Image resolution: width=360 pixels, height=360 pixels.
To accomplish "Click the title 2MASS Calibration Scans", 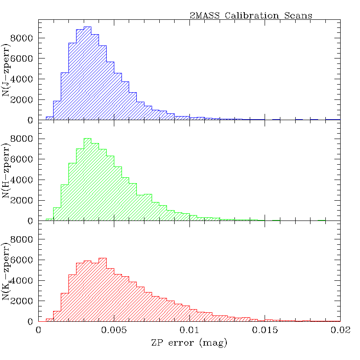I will [x=251, y=15].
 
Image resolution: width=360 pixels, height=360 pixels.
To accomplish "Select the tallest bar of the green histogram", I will [x=87, y=180].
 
